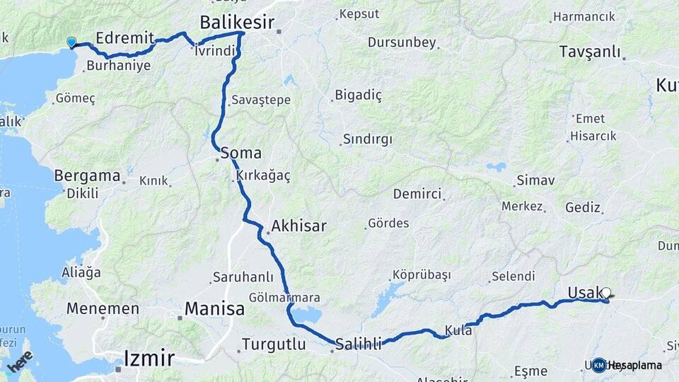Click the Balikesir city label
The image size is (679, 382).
pyautogui.click(x=236, y=22)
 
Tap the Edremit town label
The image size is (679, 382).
pyautogui.click(x=124, y=38)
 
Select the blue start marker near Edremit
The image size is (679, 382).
pyautogui.click(x=71, y=42)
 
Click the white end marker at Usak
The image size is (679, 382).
pyautogui.click(x=606, y=292)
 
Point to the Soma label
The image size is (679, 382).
pyautogui.click(x=240, y=152)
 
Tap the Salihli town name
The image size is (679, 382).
pyautogui.click(x=358, y=344)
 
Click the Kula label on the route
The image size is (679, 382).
pyautogui.click(x=458, y=330)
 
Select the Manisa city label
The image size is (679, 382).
pyautogui.click(x=214, y=308)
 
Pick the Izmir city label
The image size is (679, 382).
pyautogui.click(x=149, y=358)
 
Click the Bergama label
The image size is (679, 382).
pyautogui.click(x=87, y=175)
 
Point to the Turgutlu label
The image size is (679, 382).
pyautogui.click(x=274, y=345)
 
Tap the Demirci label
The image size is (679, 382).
pyautogui.click(x=417, y=194)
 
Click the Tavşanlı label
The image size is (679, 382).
pyautogui.click(x=589, y=52)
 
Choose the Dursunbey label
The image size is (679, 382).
pyautogui.click(x=402, y=42)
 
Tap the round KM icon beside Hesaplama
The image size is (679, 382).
pyautogui.click(x=599, y=365)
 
